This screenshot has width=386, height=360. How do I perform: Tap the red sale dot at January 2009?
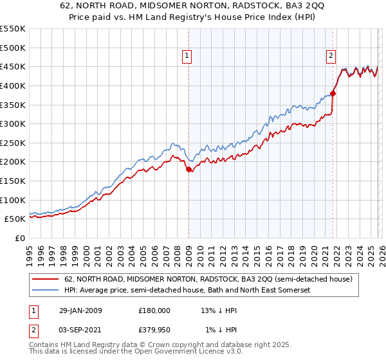[x=188, y=170]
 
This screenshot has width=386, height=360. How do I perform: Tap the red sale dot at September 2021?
[x=333, y=93]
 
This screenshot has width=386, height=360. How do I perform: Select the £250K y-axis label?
[x=13, y=143]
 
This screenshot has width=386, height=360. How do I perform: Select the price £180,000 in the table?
[x=154, y=310]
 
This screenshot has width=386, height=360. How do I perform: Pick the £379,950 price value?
[x=154, y=330]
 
